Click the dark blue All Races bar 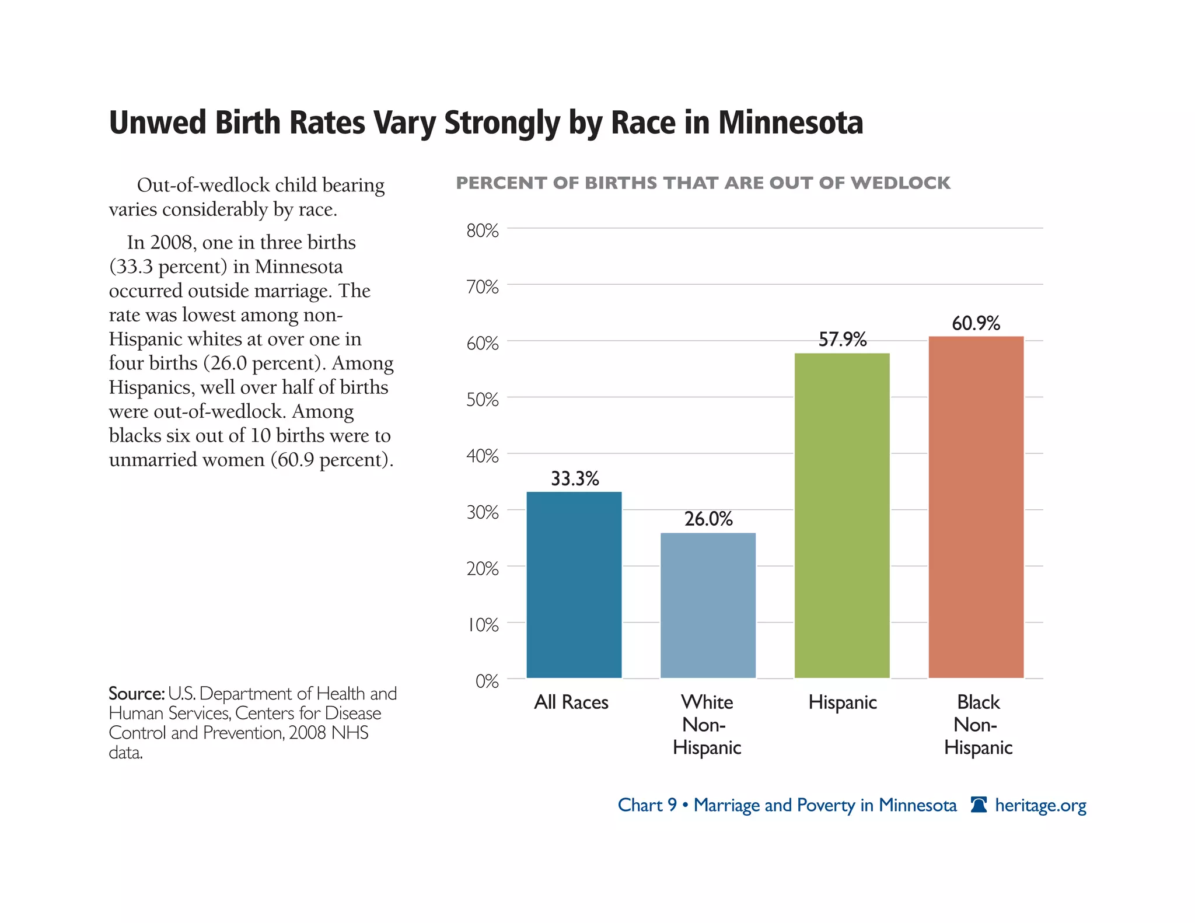[574, 585]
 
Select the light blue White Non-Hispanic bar [708, 605]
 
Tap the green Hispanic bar [841, 515]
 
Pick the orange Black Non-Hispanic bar [976, 507]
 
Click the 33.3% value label [575, 479]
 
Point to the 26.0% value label [708, 519]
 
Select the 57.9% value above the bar [842, 340]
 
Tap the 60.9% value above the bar [976, 323]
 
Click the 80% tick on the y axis [482, 231]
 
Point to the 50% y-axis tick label [482, 400]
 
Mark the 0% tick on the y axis [487, 681]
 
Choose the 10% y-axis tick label [482, 625]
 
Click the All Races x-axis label [571, 702]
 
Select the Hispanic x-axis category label [842, 702]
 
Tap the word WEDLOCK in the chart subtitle [900, 183]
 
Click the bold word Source [136, 694]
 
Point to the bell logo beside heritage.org [979, 805]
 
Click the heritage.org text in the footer [1040, 806]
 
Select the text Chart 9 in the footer [647, 806]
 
